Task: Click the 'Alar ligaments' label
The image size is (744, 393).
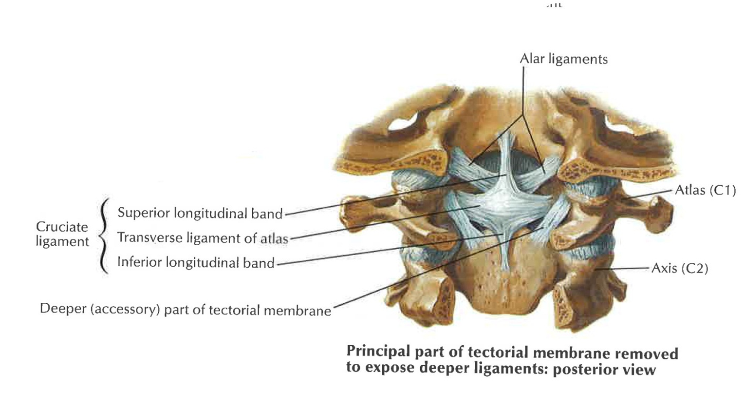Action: pos(564,59)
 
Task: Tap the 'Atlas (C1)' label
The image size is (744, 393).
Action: pos(706,190)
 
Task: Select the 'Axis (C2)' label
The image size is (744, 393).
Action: pos(680,268)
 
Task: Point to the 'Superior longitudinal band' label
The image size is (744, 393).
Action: pos(200,213)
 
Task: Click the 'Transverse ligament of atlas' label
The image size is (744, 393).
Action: pos(203,238)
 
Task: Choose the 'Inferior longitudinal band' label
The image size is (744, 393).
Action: pos(196,262)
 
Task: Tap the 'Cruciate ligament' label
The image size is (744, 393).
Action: pos(62,234)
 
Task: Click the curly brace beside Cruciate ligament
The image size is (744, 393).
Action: pos(104,236)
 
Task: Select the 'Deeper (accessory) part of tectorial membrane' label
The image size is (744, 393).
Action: pos(186,310)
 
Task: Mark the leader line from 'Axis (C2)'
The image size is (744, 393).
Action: pos(623,268)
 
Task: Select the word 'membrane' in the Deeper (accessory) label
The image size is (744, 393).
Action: pos(299,311)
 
